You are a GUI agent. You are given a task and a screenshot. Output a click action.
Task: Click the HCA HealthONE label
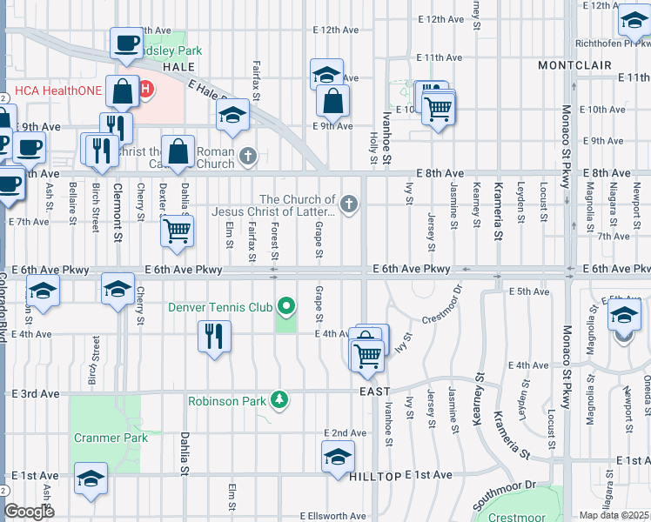[54, 90]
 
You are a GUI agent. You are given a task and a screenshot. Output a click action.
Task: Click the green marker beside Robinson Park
[279, 400]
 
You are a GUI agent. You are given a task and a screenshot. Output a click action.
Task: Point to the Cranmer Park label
[111, 438]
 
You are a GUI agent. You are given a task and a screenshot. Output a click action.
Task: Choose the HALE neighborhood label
[178, 66]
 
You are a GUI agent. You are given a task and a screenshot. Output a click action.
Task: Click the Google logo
[29, 512]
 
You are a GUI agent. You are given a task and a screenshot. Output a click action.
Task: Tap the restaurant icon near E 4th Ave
[214, 334]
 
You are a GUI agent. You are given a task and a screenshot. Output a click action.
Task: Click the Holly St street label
[373, 144]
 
